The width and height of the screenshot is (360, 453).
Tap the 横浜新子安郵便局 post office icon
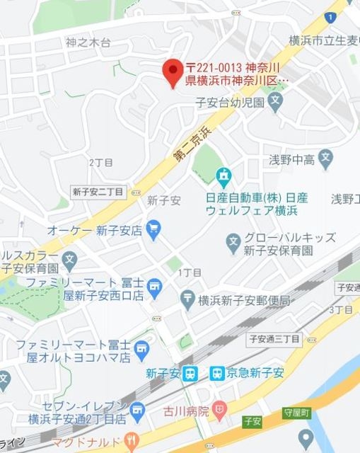pyautogui.click(x=187, y=300)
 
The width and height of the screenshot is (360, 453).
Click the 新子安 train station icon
pyautogui.click(x=190, y=374)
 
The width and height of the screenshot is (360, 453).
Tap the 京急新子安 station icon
pyautogui.click(x=218, y=374)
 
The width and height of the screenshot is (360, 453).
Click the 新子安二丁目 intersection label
pyautogui.click(x=98, y=192)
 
